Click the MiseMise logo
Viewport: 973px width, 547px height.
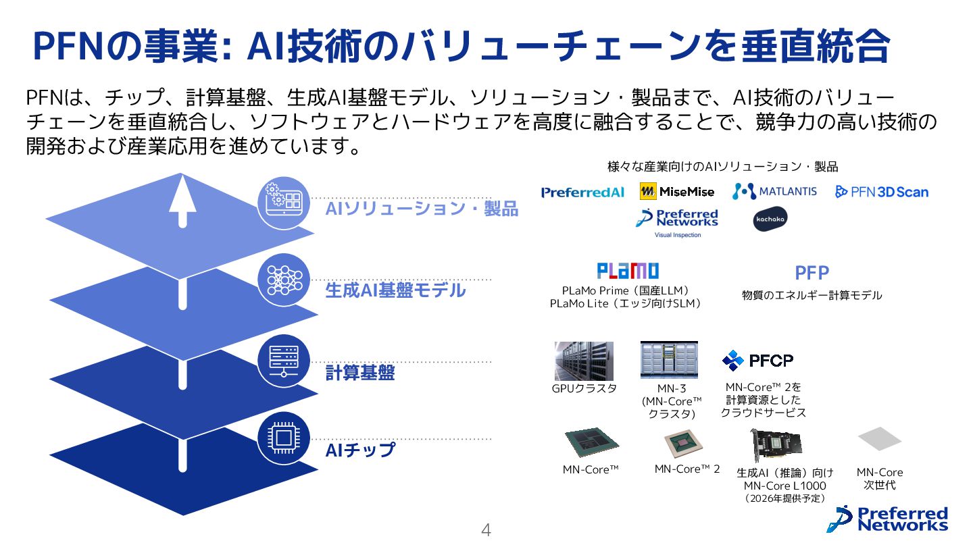(677, 192)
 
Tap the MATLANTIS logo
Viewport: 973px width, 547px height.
(774, 192)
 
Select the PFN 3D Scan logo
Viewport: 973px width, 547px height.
(882, 192)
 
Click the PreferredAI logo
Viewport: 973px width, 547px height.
(582, 192)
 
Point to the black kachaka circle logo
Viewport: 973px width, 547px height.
(770, 219)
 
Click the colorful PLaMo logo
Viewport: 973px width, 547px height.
(628, 271)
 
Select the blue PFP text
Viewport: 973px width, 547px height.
(812, 273)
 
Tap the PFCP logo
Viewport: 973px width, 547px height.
(757, 361)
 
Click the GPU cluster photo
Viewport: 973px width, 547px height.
(584, 361)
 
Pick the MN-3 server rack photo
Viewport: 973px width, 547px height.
(669, 360)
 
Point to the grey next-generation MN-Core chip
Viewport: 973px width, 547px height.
(879, 439)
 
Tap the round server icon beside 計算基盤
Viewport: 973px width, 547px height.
(283, 360)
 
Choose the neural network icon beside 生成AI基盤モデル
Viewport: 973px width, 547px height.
(283, 280)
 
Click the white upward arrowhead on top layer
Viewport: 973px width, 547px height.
(181, 192)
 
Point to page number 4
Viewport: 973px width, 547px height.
(485, 531)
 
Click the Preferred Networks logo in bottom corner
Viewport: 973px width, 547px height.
(891, 519)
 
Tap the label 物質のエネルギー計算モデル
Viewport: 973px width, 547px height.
(812, 296)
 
